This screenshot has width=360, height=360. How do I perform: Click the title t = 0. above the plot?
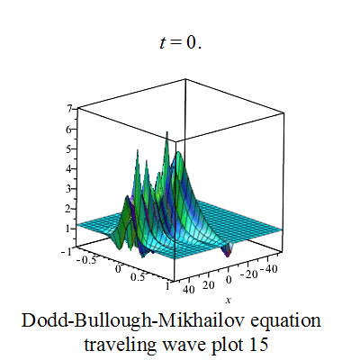click(180, 42)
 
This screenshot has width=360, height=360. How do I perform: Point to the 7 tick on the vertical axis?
click(69, 109)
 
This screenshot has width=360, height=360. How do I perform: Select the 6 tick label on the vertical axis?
click(69, 130)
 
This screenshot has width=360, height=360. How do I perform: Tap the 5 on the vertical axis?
click(69, 149)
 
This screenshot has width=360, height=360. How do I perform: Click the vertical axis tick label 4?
click(69, 169)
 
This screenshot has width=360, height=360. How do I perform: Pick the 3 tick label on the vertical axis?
click(69, 189)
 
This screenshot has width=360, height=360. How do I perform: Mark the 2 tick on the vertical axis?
click(69, 209)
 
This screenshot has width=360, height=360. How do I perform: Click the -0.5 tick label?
click(86, 260)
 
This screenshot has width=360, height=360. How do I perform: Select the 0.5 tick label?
click(138, 276)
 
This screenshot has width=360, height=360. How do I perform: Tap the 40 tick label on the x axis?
click(189, 290)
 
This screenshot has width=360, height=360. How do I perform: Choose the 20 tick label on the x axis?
click(209, 285)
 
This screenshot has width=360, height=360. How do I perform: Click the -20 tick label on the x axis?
click(248, 274)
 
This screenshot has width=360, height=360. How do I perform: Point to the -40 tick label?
click(268, 269)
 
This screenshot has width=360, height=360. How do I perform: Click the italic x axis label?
click(229, 300)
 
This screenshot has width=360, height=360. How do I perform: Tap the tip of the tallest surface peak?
click(167, 131)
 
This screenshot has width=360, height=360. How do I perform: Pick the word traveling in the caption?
click(120, 346)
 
